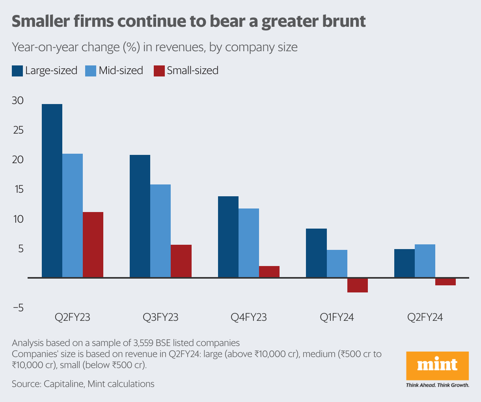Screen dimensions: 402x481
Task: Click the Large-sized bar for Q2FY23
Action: [x=52, y=191]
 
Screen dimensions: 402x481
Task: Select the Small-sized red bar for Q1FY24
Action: [x=357, y=285]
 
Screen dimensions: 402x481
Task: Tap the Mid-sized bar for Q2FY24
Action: [x=425, y=261]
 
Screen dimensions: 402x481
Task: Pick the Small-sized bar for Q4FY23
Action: [x=269, y=272]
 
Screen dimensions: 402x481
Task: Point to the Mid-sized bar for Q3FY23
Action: [x=160, y=231]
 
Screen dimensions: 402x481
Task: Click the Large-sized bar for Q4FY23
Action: [x=228, y=237]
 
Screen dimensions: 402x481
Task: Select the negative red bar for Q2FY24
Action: [x=446, y=282]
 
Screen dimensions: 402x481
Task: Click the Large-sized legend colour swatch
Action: [x=17, y=71]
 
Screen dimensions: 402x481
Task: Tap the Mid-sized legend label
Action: [x=121, y=71]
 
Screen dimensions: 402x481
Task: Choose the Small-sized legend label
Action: [x=192, y=71]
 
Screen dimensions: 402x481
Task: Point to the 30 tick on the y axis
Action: [x=18, y=100]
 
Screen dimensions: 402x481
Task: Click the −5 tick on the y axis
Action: [x=18, y=308]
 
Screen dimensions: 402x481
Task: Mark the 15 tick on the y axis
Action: [x=18, y=190]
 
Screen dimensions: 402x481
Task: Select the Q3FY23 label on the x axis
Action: [x=160, y=317]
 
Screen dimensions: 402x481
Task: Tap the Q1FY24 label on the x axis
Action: [x=337, y=317]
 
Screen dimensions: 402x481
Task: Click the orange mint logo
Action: [x=437, y=365]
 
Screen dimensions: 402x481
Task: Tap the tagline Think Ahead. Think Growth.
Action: [x=437, y=385]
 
